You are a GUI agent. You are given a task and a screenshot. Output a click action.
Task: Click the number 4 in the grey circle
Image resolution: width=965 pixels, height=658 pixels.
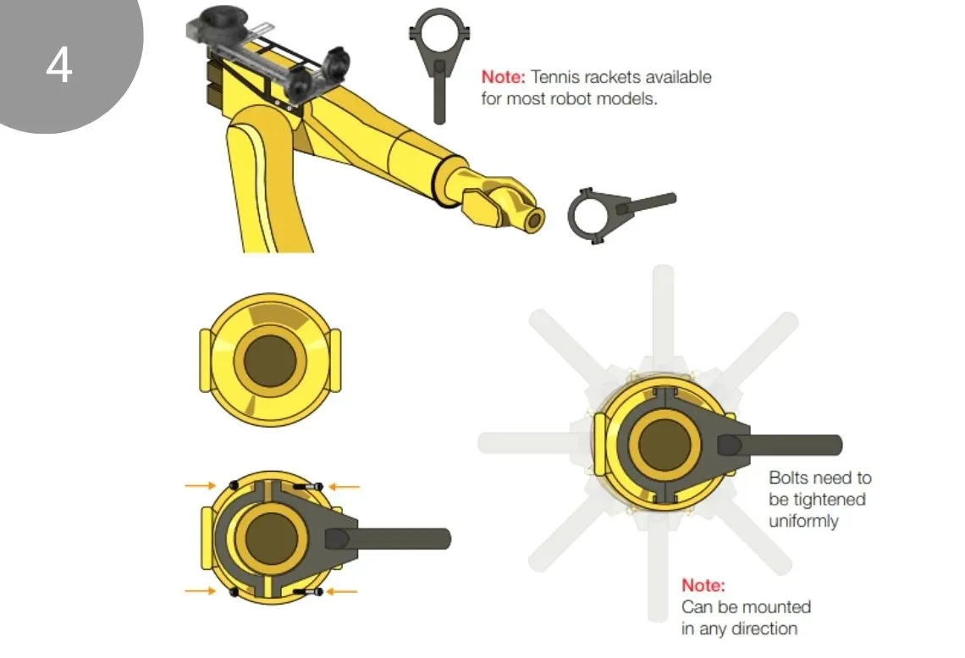[x=59, y=65]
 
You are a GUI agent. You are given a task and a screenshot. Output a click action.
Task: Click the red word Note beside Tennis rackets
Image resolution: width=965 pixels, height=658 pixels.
[x=503, y=77]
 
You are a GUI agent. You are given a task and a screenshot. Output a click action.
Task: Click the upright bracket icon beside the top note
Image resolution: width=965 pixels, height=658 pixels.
[x=438, y=64]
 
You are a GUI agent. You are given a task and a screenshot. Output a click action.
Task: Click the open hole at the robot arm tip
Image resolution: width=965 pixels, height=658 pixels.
[x=534, y=219]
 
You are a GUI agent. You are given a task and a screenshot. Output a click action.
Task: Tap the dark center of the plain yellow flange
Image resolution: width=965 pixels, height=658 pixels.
[x=270, y=361]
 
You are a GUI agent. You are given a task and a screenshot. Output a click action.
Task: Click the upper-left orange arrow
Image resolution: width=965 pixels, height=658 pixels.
[x=201, y=485]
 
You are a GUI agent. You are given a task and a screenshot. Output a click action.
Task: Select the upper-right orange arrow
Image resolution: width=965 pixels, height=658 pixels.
[x=344, y=487]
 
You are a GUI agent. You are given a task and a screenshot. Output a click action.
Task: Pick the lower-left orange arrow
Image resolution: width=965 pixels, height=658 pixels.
[x=201, y=591]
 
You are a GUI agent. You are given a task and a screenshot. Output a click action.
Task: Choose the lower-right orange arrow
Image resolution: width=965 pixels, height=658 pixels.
[x=342, y=592]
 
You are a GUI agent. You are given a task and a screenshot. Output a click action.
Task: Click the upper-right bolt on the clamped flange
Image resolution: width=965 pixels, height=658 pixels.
[x=308, y=487]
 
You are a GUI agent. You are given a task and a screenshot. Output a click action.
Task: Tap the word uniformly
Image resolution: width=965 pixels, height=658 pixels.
[x=804, y=522]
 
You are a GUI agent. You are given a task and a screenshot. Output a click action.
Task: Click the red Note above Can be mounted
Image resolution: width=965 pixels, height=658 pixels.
[x=703, y=585]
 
